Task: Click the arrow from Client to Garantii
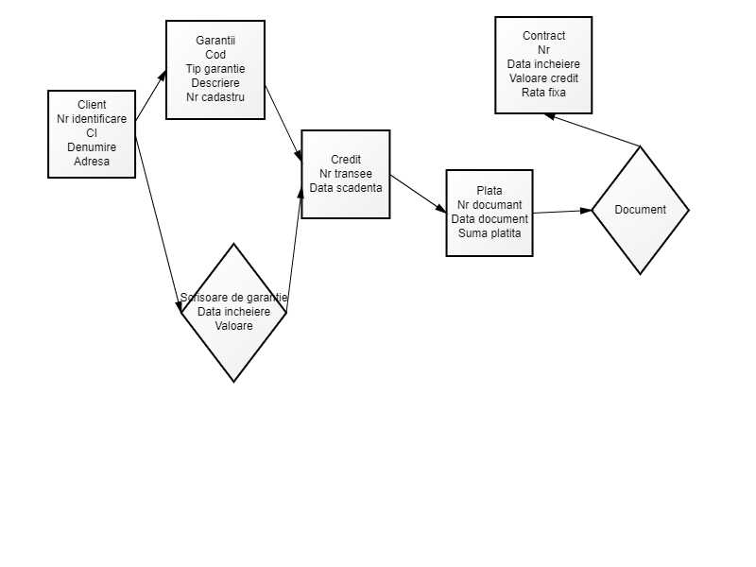[x=151, y=95]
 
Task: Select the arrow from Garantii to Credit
[x=283, y=124]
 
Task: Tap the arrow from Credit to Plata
[x=418, y=193]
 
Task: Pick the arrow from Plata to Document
[x=562, y=212]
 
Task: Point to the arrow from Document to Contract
[x=593, y=130]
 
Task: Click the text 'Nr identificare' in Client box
[x=92, y=119]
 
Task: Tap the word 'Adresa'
[x=92, y=162]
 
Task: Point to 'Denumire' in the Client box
[x=92, y=147]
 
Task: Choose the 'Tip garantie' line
[x=215, y=69]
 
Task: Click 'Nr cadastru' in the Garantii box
[x=215, y=97]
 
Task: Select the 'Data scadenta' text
[x=346, y=188]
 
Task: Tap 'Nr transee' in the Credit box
[x=346, y=174]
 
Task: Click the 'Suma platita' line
[x=490, y=233]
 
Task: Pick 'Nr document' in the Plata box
[x=490, y=205]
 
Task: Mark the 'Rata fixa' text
[x=543, y=93]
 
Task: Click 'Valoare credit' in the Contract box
[x=543, y=78]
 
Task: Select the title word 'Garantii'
[x=215, y=41]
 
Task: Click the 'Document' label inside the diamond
[x=641, y=210]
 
